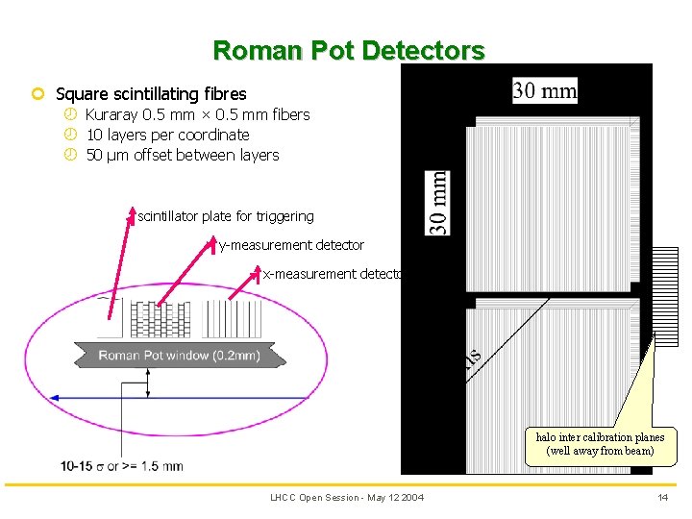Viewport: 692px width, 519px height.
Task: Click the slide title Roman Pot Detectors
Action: coord(349,50)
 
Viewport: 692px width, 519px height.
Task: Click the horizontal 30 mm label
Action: coord(545,91)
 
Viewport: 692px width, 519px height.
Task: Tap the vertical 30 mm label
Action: coord(437,203)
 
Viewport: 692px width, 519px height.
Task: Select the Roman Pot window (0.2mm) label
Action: coord(179,356)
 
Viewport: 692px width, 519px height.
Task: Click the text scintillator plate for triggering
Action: coord(226,216)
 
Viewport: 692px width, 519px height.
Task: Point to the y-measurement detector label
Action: coord(291,245)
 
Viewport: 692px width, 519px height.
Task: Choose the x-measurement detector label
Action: coord(333,274)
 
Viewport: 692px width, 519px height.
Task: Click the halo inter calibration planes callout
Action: coord(600,443)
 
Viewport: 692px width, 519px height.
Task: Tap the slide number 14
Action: coord(662,497)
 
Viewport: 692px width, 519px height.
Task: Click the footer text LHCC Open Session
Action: coord(346,497)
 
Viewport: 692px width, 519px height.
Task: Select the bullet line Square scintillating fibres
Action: coord(151,94)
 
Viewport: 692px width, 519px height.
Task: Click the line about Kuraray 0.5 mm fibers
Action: coord(197,115)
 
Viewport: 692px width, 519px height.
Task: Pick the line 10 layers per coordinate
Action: coord(167,136)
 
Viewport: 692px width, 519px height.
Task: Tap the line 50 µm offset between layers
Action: coord(183,156)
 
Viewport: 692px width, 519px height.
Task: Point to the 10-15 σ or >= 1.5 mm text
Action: coord(121,466)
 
